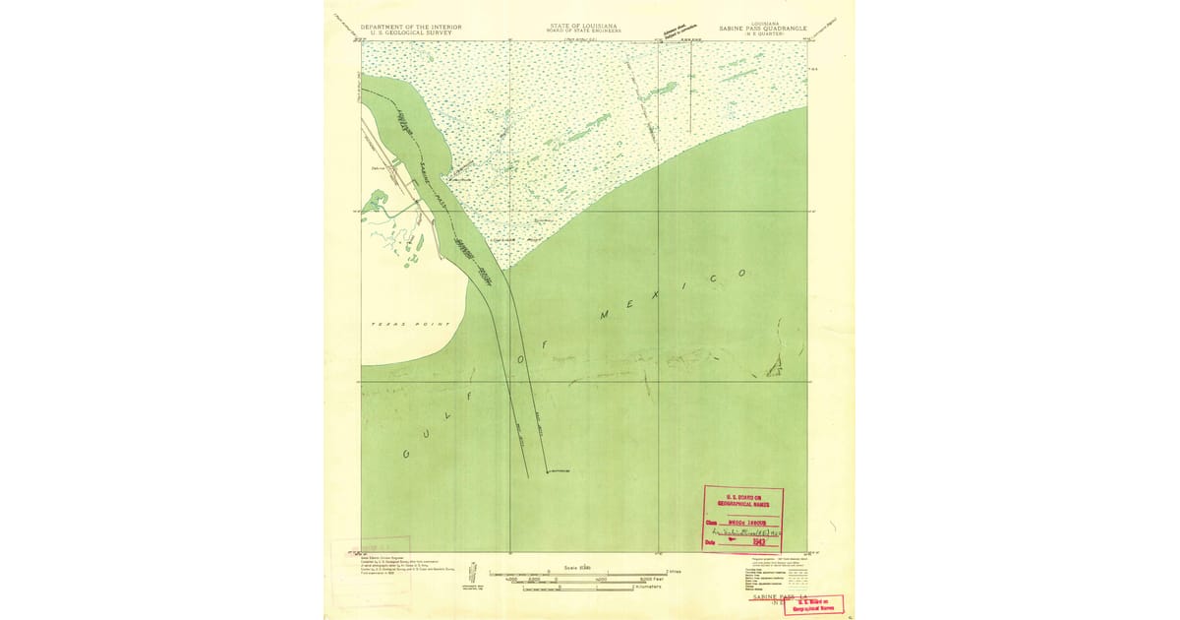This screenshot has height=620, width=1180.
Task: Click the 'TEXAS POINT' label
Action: pos(410,324)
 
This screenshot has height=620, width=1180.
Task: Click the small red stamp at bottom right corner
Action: pos(813,603)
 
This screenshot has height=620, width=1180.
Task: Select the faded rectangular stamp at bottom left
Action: pos(385,544)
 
